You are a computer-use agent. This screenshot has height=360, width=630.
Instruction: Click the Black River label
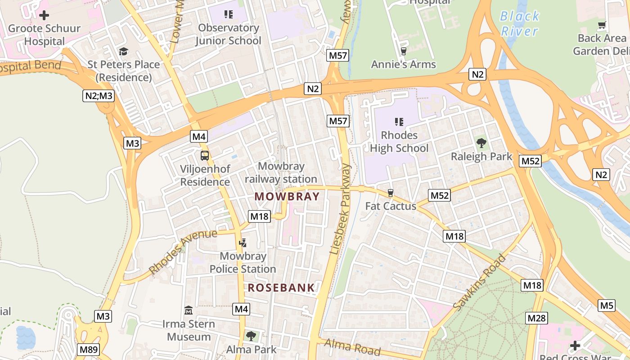(x=520, y=23)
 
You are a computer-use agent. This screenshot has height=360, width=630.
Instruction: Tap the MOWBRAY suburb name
(x=287, y=197)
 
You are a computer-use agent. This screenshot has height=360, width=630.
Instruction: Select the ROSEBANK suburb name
(x=281, y=288)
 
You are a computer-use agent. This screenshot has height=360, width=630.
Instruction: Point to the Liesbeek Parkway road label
(x=340, y=209)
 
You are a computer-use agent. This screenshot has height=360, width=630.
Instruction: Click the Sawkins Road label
(x=480, y=282)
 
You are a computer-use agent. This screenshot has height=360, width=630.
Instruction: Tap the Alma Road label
(x=352, y=347)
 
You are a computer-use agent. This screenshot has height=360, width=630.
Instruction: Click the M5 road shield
(x=607, y=306)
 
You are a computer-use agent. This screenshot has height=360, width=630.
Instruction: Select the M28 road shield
(x=536, y=319)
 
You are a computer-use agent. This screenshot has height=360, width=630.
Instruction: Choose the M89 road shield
(x=89, y=350)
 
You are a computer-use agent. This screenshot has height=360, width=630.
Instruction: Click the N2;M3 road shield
(x=98, y=95)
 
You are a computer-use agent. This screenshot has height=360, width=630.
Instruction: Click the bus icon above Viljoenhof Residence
(x=205, y=156)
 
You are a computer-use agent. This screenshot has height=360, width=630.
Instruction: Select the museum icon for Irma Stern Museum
(x=189, y=310)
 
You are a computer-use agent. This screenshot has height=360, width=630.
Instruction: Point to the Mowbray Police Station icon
(x=243, y=243)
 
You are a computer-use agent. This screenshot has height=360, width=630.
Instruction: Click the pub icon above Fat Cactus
(x=391, y=193)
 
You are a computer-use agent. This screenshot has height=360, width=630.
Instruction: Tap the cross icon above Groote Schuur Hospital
(x=44, y=15)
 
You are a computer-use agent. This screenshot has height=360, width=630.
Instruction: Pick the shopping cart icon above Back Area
(x=602, y=25)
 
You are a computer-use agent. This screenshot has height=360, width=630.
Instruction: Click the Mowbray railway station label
(x=281, y=173)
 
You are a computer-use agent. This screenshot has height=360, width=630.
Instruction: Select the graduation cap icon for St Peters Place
(x=123, y=51)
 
